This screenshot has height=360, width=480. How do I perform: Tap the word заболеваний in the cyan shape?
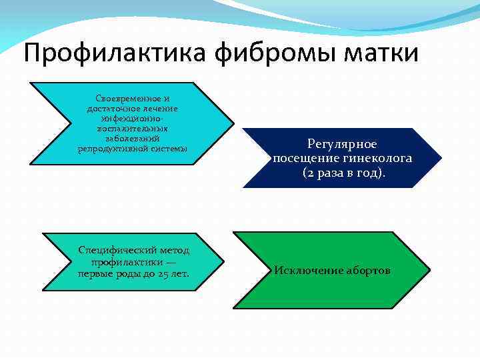point(133,138)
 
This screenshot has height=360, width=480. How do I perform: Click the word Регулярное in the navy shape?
point(342,144)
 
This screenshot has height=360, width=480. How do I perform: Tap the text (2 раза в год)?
point(343,173)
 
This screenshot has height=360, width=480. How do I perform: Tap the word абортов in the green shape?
point(366,271)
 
